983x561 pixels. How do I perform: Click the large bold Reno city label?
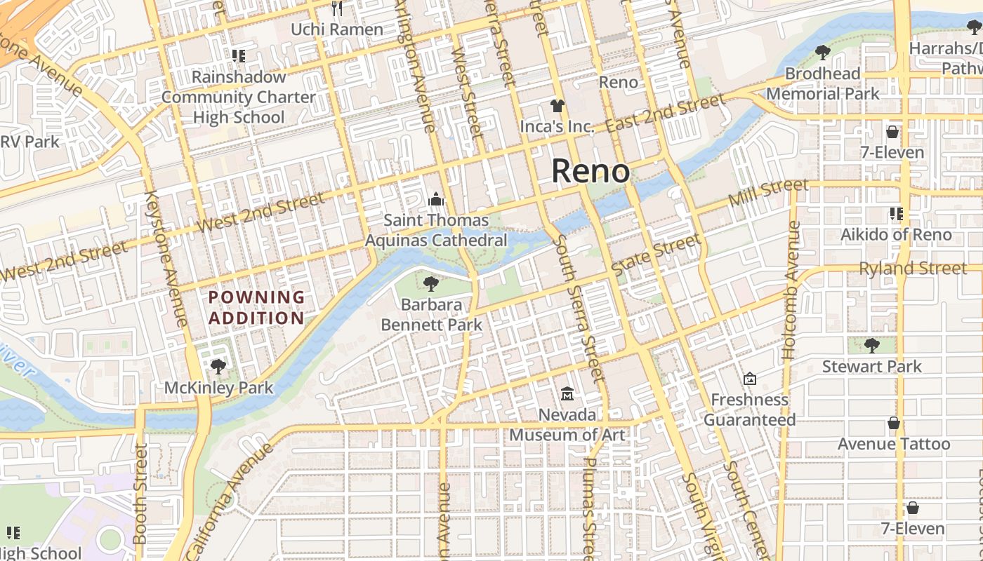(x=591, y=171)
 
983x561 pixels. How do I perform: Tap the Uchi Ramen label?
(x=337, y=29)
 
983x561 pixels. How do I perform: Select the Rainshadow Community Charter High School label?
(x=239, y=97)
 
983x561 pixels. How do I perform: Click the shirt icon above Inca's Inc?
(x=558, y=106)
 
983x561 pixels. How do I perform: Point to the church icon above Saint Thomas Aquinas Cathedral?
(x=436, y=200)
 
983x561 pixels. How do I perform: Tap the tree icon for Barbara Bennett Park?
(x=431, y=284)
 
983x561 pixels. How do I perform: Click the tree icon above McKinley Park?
(x=218, y=366)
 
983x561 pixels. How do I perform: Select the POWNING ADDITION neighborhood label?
(x=257, y=307)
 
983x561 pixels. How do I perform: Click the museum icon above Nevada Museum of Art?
(x=567, y=394)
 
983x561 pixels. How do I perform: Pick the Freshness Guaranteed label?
(x=750, y=410)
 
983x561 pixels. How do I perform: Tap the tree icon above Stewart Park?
(x=872, y=345)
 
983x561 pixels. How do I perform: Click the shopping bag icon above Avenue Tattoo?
(x=893, y=423)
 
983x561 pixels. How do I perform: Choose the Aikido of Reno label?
(x=896, y=234)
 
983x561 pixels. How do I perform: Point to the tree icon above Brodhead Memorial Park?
(x=822, y=53)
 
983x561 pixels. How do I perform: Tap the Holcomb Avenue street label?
(x=791, y=291)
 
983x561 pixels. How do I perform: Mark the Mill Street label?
(x=768, y=192)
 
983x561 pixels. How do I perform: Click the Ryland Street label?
(x=913, y=268)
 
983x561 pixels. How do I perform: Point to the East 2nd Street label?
(x=664, y=113)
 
